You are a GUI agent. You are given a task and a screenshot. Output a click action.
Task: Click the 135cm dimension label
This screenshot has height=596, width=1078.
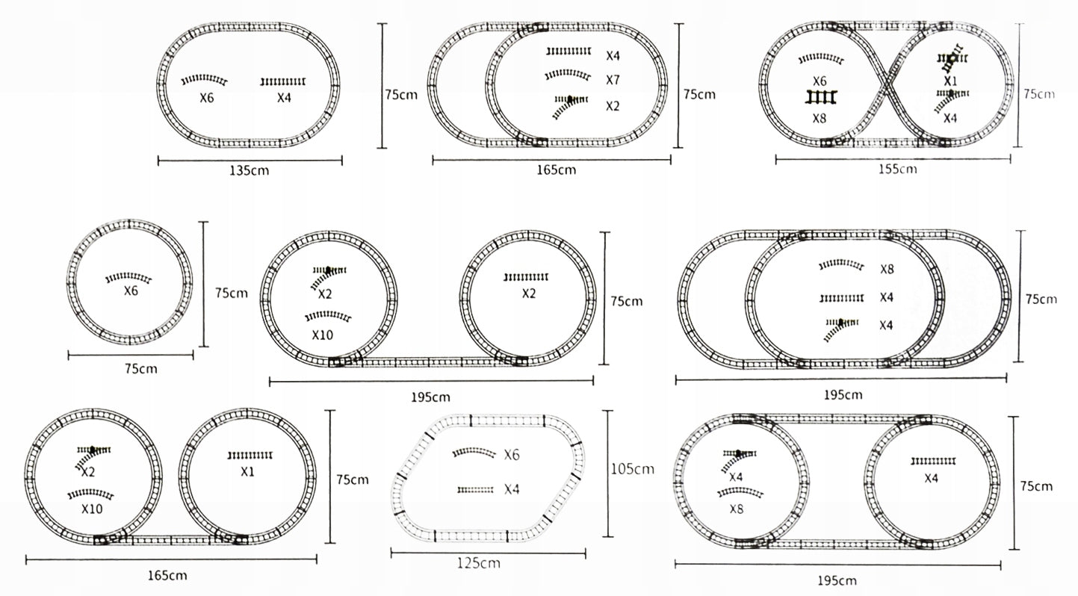click(x=249, y=170)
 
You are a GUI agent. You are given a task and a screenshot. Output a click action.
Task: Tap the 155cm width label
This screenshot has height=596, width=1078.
click(x=897, y=169)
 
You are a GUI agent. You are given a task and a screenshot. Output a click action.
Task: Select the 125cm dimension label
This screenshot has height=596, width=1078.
click(x=478, y=563)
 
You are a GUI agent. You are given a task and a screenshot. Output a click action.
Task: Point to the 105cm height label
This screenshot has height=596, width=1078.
click(x=632, y=468)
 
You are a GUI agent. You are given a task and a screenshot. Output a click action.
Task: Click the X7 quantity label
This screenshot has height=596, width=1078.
click(x=613, y=80)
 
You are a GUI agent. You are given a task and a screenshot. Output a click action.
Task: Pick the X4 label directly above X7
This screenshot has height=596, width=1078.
click(x=613, y=56)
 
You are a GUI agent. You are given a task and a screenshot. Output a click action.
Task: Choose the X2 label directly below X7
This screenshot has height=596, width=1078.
click(x=613, y=106)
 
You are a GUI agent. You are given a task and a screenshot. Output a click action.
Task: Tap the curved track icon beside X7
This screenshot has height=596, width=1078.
click(x=568, y=75)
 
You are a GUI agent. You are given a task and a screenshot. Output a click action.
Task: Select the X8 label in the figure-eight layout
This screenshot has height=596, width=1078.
click(x=819, y=118)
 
